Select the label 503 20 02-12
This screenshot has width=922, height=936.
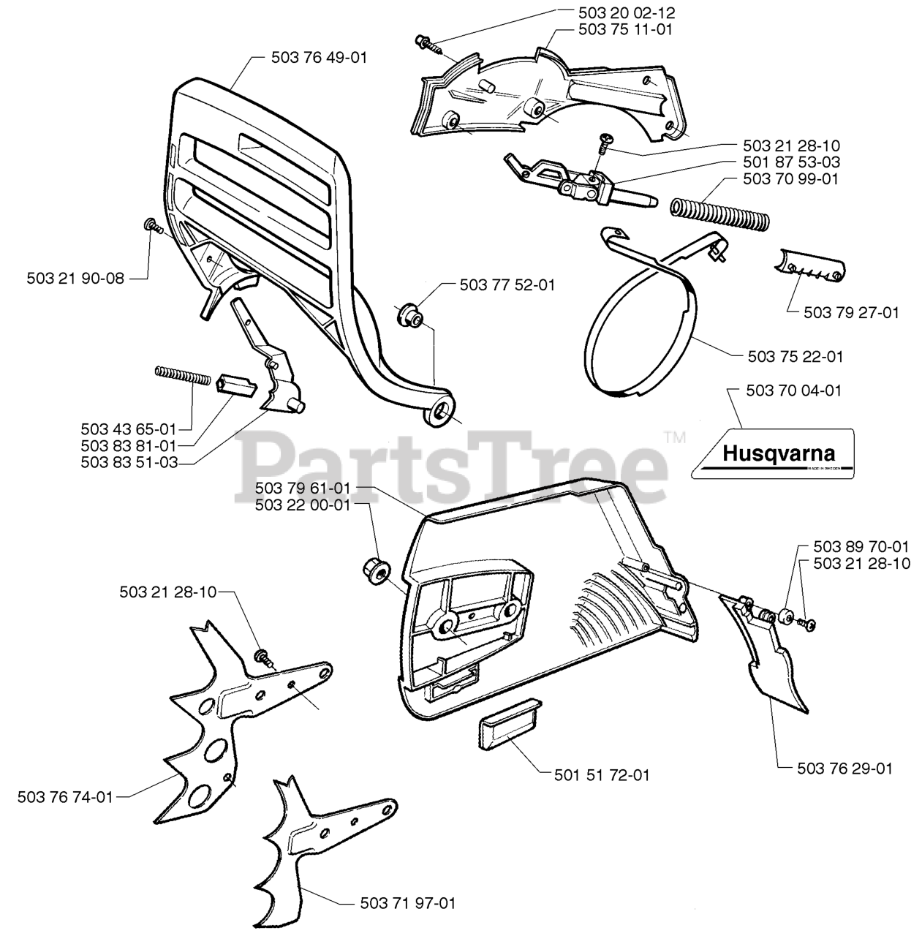(626, 13)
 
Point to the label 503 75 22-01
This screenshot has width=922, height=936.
(796, 357)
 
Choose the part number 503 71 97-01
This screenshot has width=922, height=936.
(407, 903)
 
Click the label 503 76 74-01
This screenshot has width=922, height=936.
(65, 797)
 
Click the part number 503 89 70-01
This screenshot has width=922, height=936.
(861, 546)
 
